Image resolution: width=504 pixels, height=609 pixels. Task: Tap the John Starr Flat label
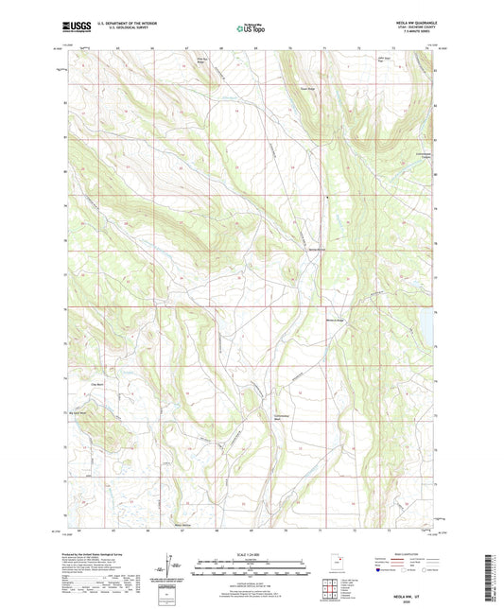pyautogui.click(x=410, y=61)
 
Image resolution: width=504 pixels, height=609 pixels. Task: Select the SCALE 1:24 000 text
pyautogui.click(x=252, y=554)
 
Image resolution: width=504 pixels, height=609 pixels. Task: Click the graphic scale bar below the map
pyautogui.click(x=252, y=569)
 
